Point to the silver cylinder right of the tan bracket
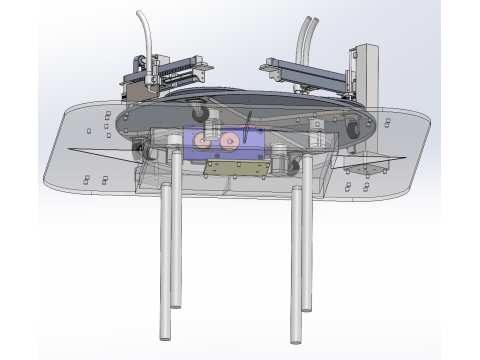(x=281, y=160)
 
